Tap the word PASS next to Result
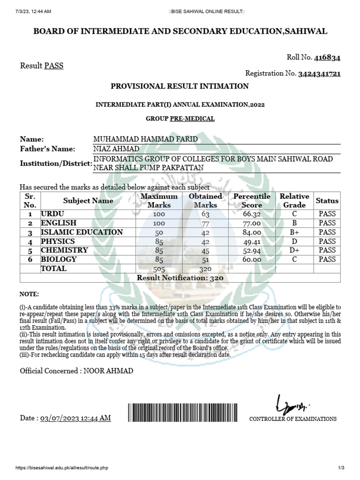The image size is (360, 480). pyautogui.click(x=53, y=66)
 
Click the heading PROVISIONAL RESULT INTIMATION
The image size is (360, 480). pyautogui.click(x=180, y=86)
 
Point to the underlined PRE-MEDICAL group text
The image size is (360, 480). pyautogui.click(x=192, y=119)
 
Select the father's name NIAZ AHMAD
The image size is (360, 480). pyautogui.click(x=117, y=149)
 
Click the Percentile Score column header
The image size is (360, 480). pyautogui.click(x=252, y=201)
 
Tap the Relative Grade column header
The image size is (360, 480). pyautogui.click(x=294, y=201)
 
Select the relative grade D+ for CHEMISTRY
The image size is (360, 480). pyautogui.click(x=294, y=250)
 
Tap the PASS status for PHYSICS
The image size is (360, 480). pyautogui.click(x=327, y=241)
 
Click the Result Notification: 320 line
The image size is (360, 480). pyautogui.click(x=180, y=278)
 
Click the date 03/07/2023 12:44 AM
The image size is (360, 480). pyautogui.click(x=76, y=418)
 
